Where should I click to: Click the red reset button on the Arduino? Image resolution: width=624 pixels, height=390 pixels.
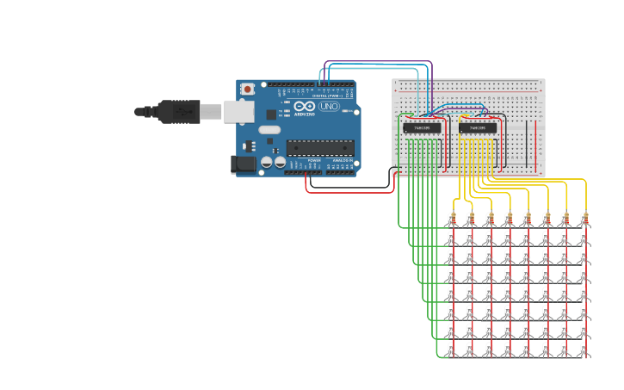(248, 89)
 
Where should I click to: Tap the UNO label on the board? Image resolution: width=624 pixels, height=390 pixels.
(329, 106)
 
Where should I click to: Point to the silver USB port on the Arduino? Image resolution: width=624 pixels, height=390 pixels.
(239, 111)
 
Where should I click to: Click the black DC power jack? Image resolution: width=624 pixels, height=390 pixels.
(244, 163)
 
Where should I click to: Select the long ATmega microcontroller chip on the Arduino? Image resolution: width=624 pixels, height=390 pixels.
(319, 147)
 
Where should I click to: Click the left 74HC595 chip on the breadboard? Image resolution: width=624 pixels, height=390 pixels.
(422, 128)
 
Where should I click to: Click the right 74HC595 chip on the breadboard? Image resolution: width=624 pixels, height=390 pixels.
(478, 128)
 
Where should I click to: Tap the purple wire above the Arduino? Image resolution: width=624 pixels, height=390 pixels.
(379, 62)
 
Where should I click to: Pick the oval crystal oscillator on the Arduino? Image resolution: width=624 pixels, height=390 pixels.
(269, 130)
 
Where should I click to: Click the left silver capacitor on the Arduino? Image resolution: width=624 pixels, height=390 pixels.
(266, 161)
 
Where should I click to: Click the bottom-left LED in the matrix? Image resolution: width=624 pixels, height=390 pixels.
(451, 349)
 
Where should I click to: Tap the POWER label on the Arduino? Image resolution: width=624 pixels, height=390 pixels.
(314, 160)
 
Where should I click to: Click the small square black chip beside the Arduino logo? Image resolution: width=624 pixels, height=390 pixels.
(271, 115)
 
